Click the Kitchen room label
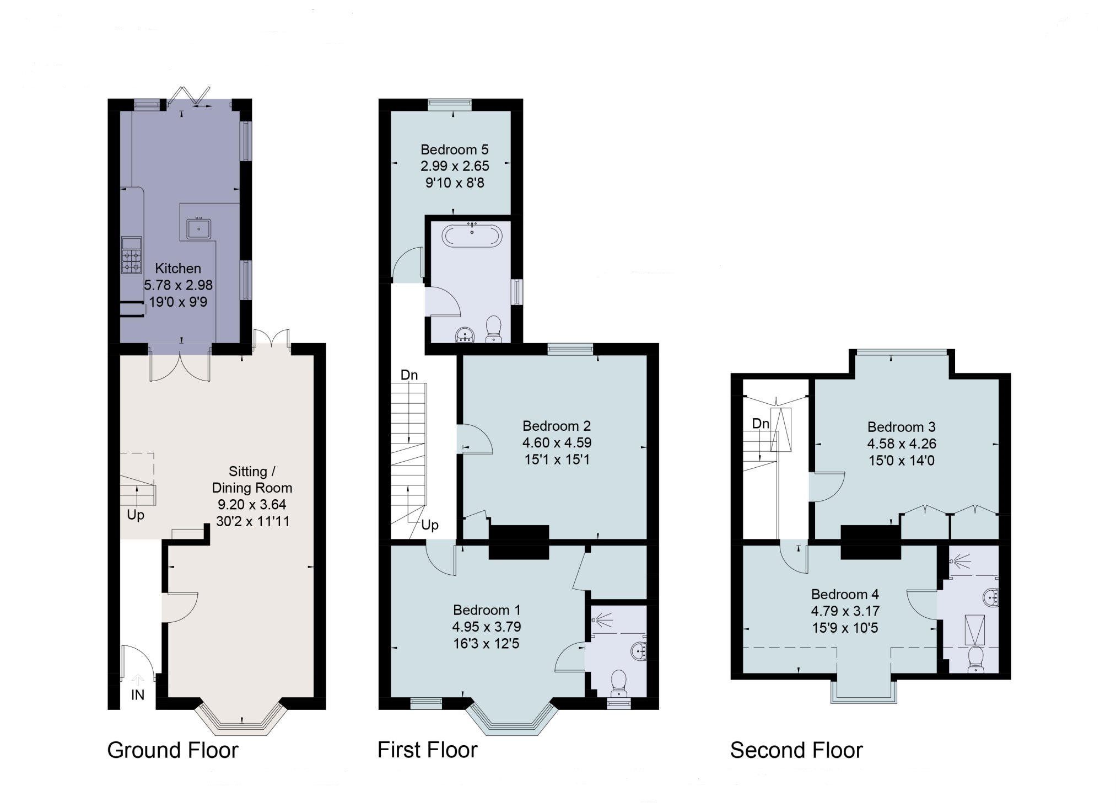tap(177, 269)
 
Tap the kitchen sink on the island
tap(198, 228)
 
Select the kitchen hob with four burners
tap(132, 261)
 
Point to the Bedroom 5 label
tap(454, 149)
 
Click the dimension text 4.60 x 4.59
tap(557, 442)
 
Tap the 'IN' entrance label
tap(137, 695)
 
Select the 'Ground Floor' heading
tap(172, 750)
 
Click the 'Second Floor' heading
tap(796, 750)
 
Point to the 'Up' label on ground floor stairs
tap(136, 515)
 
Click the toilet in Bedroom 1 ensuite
tap(618, 683)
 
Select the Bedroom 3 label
tap(901, 427)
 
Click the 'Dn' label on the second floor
tap(761, 424)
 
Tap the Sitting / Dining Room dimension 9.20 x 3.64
tap(252, 504)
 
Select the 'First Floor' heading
tap(427, 750)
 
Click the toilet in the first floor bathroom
tap(493, 328)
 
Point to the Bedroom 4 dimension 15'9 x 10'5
tap(845, 627)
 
